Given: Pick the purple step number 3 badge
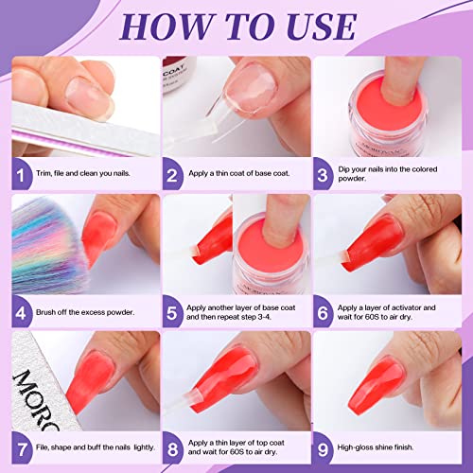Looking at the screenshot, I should [x=324, y=174].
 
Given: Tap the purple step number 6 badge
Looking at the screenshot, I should [x=324, y=310].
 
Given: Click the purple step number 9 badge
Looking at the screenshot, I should [x=324, y=447].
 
